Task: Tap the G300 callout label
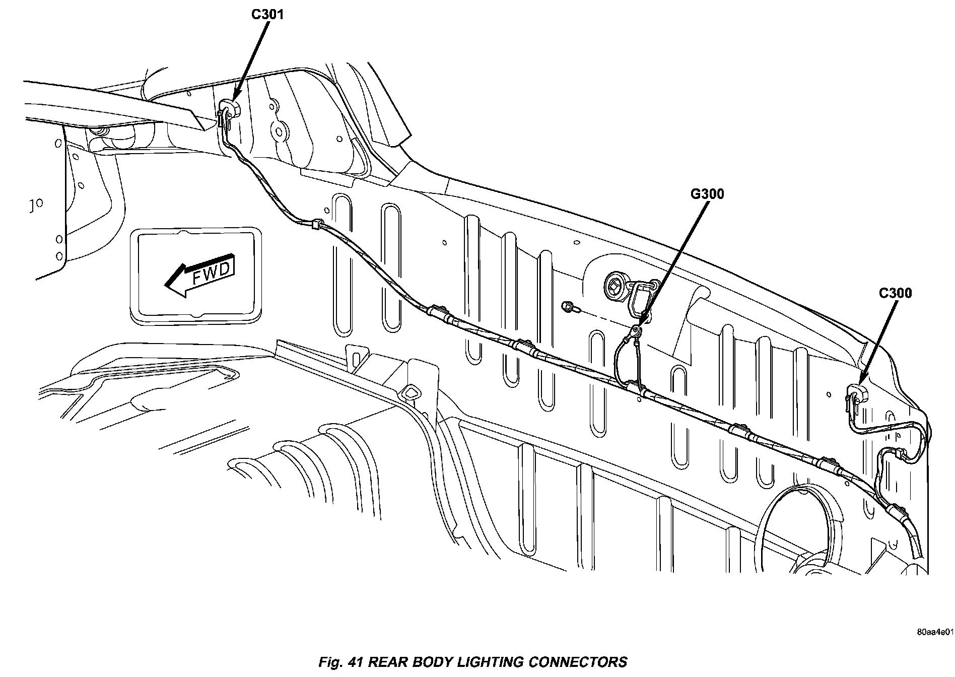707,194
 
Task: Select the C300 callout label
895,293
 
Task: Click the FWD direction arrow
199,275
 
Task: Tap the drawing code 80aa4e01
934,645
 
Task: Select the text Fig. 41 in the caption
342,661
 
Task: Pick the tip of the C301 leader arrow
233,101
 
